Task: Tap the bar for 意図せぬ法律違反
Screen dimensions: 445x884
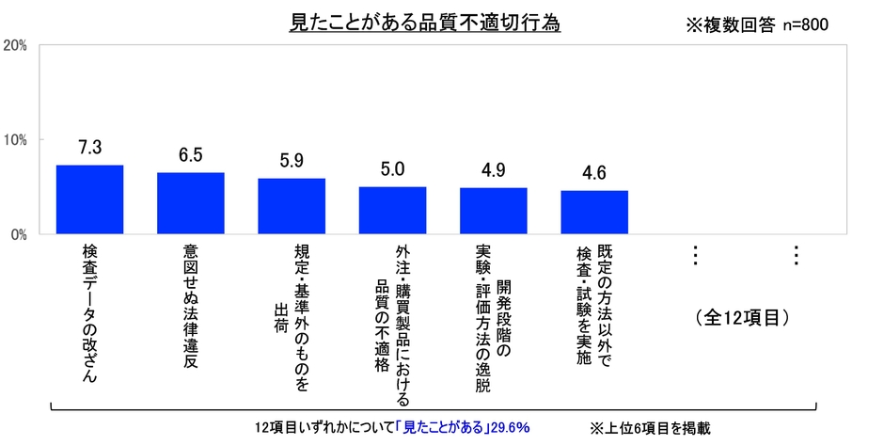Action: point(190,203)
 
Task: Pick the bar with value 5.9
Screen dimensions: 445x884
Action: point(292,206)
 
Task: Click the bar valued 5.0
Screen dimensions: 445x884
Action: point(392,210)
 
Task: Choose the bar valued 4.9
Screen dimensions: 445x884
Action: point(493,211)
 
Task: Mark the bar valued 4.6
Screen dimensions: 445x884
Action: point(594,212)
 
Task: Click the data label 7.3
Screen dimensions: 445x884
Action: point(89,147)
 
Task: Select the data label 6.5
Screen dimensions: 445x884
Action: point(190,154)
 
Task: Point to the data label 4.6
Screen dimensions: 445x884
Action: point(594,172)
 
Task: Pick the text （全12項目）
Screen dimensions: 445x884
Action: point(743,316)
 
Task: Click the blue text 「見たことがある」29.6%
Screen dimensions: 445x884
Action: point(461,427)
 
